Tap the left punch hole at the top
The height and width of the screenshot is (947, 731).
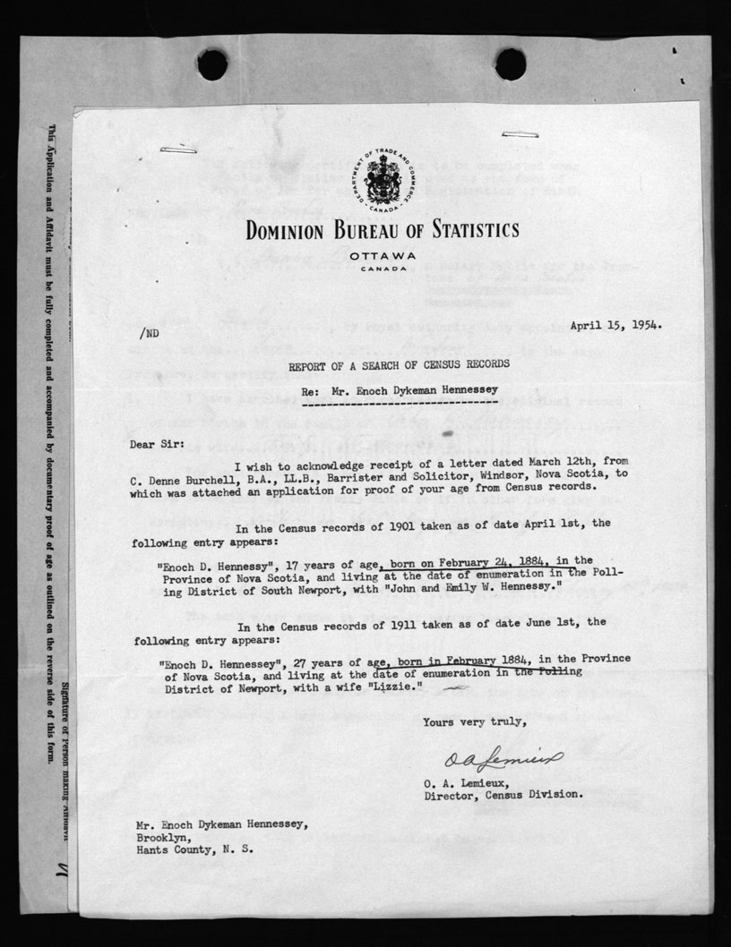(x=212, y=64)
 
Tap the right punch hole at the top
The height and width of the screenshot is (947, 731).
(x=510, y=64)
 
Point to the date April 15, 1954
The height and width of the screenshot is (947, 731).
(x=616, y=326)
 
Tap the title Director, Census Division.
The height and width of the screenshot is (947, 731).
(x=503, y=794)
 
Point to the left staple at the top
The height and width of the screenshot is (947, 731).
(x=178, y=149)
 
